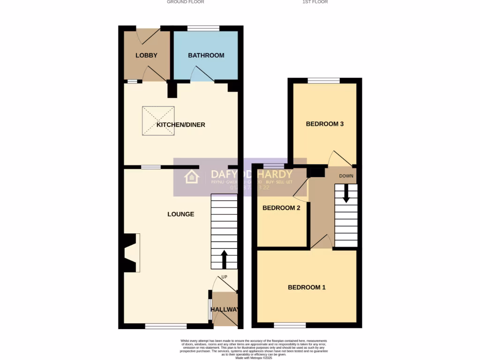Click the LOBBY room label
pyautogui.click(x=146, y=55)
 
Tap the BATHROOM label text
pyautogui.click(x=206, y=55)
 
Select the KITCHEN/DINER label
pyautogui.click(x=181, y=125)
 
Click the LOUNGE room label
pyautogui.click(x=181, y=214)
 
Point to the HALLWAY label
pyautogui.click(x=225, y=310)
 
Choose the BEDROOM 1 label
pyautogui.click(x=307, y=287)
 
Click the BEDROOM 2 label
pyautogui.click(x=281, y=208)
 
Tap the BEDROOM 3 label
pyautogui.click(x=325, y=124)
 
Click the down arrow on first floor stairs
pyautogui.click(x=346, y=194)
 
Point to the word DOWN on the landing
pyautogui.click(x=346, y=176)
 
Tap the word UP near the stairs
pyautogui.click(x=224, y=277)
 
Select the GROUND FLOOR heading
pyautogui.click(x=186, y=2)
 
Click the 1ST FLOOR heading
pyautogui.click(x=315, y=2)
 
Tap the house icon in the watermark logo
pyautogui.click(x=191, y=177)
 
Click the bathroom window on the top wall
pyautogui.click(x=203, y=29)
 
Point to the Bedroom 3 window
pyautogui.click(x=323, y=81)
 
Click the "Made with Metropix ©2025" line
pyautogui.click(x=254, y=358)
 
